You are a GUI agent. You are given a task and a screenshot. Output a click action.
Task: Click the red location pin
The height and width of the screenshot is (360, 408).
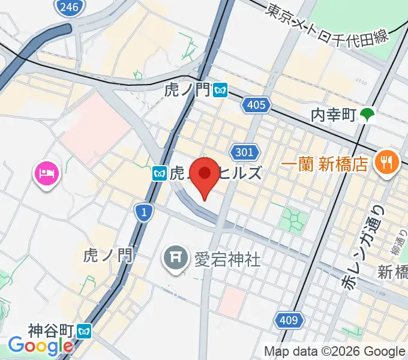pos(205,175)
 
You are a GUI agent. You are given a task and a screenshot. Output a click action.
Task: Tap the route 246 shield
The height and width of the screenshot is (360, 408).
pos(68,7)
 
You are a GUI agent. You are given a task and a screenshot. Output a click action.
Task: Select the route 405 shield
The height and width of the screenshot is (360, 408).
pos(255,106)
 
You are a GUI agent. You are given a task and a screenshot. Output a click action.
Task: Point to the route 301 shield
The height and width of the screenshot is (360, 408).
pos(245,152)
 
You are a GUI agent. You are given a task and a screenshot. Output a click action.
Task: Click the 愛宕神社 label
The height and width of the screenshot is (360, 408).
pos(226,259)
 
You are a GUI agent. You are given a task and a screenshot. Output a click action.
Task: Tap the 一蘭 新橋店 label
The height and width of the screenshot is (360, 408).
pos(324,164)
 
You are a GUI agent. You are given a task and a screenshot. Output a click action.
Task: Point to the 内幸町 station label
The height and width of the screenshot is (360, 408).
pos(334,113)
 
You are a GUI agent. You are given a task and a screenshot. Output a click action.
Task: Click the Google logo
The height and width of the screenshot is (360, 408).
pos(40,346)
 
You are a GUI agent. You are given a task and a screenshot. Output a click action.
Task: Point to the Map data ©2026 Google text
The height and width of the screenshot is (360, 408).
pos(335,351)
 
